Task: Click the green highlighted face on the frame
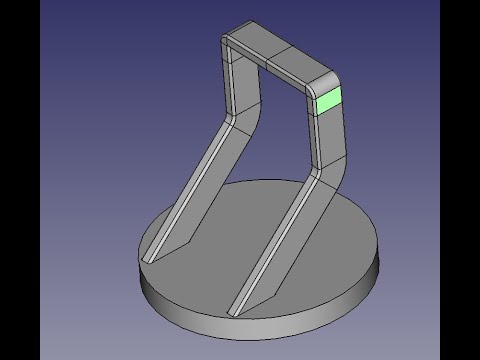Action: pyautogui.click(x=327, y=101)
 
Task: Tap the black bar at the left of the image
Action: pyautogui.click(x=20, y=180)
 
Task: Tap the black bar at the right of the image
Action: pyautogui.click(x=460, y=180)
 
